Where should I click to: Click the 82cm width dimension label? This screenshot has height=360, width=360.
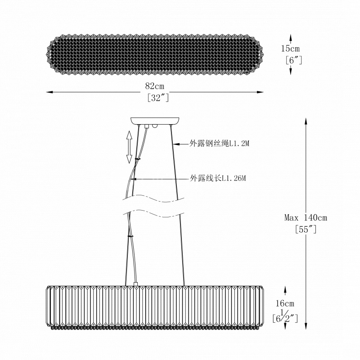(x=155, y=86)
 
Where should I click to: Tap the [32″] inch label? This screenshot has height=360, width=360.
(x=158, y=98)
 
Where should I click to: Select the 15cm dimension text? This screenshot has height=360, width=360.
(x=290, y=49)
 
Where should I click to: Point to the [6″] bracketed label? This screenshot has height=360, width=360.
(x=294, y=60)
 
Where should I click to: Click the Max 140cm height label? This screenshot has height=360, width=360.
(x=306, y=217)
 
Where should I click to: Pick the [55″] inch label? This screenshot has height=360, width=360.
(x=306, y=229)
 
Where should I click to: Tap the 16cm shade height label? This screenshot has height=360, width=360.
(x=285, y=303)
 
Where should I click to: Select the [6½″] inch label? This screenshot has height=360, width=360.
(x=285, y=318)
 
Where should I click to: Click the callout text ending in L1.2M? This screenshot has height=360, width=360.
(x=219, y=144)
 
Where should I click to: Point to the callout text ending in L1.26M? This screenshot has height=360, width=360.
(x=218, y=178)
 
